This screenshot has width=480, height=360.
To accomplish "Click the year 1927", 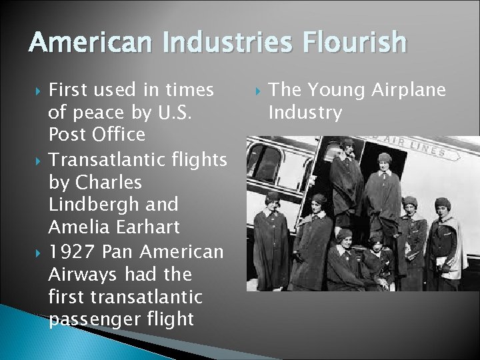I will tap(71, 252).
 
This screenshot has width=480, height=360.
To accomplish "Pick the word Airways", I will tap(85, 275).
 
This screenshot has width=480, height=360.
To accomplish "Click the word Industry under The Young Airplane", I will tap(305, 113).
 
